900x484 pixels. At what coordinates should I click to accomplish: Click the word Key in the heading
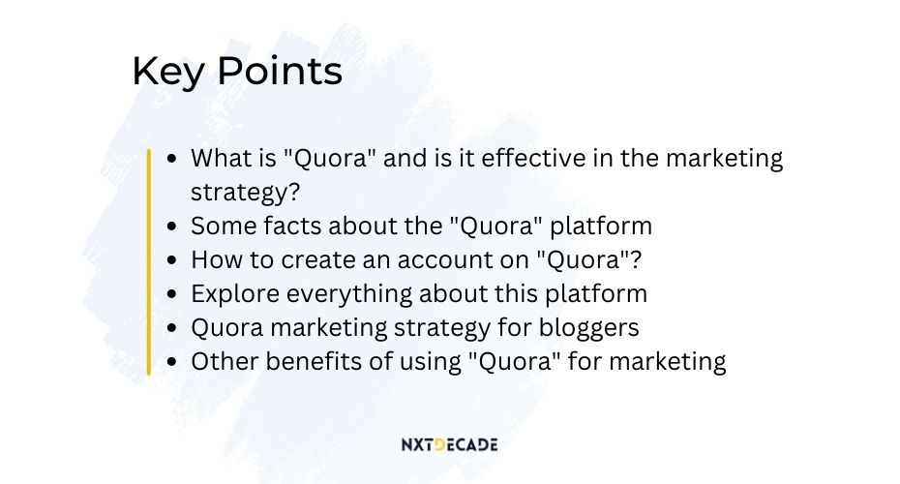(x=168, y=72)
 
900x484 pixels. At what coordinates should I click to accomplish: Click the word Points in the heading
(x=280, y=71)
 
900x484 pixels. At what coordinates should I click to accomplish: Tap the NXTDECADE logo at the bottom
(x=449, y=444)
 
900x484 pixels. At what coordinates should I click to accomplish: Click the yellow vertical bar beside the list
(x=149, y=261)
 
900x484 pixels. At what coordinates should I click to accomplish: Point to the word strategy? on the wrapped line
(x=245, y=193)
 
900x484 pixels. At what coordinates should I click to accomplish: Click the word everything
(x=349, y=294)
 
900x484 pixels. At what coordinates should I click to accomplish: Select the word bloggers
(x=588, y=328)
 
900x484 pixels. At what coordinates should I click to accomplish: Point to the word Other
(x=225, y=362)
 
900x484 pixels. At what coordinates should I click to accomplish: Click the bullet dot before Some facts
(x=171, y=227)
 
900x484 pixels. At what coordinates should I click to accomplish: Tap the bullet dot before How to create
(x=171, y=260)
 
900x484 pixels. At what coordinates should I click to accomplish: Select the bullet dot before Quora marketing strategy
(x=171, y=328)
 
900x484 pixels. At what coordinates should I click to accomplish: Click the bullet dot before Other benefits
(x=171, y=362)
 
